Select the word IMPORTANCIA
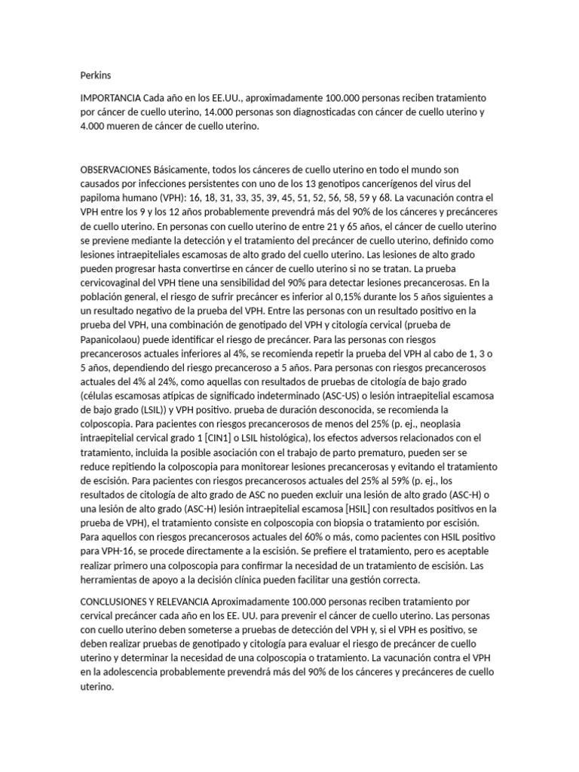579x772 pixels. tap(110, 100)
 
